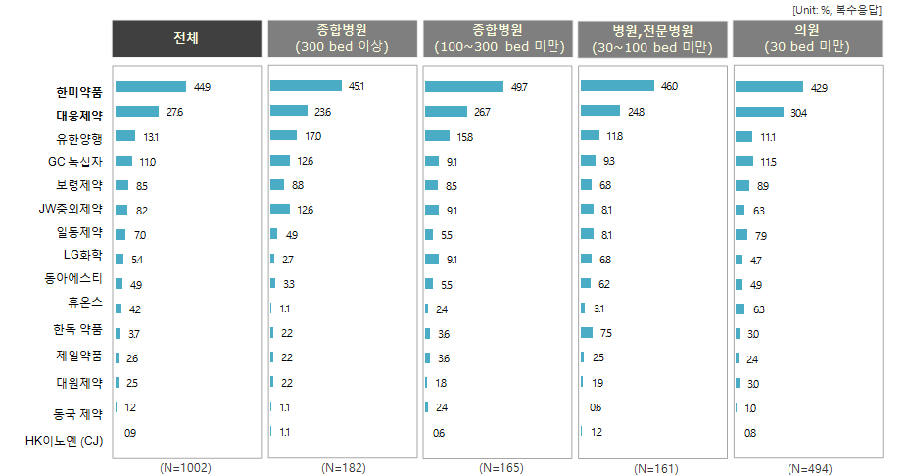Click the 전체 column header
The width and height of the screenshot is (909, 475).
pos(185,37)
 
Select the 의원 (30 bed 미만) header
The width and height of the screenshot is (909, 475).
pos(807,37)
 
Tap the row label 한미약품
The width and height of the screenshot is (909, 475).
pos(79,93)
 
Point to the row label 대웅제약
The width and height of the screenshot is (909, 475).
pos(79,116)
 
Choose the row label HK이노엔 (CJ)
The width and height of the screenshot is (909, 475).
pos(65,440)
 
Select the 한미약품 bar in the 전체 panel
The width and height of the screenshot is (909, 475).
pos(150,87)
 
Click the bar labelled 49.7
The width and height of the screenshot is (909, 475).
pos(464,87)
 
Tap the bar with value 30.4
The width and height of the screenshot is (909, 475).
pos(758,112)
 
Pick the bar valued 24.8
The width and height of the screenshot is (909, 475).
pos(601,112)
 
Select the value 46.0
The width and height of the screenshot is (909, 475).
pos(669,87)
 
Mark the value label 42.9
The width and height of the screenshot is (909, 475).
pos(819,88)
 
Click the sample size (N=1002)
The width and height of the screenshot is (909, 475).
pos(185,467)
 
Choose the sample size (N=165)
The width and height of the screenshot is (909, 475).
pos(500,467)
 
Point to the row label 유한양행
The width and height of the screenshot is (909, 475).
pos(79,138)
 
